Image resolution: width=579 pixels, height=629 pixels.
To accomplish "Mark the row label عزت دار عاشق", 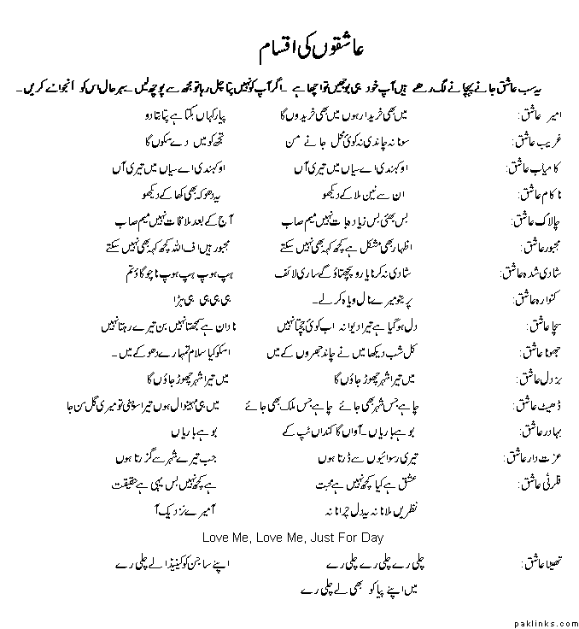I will pos(529,458).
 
